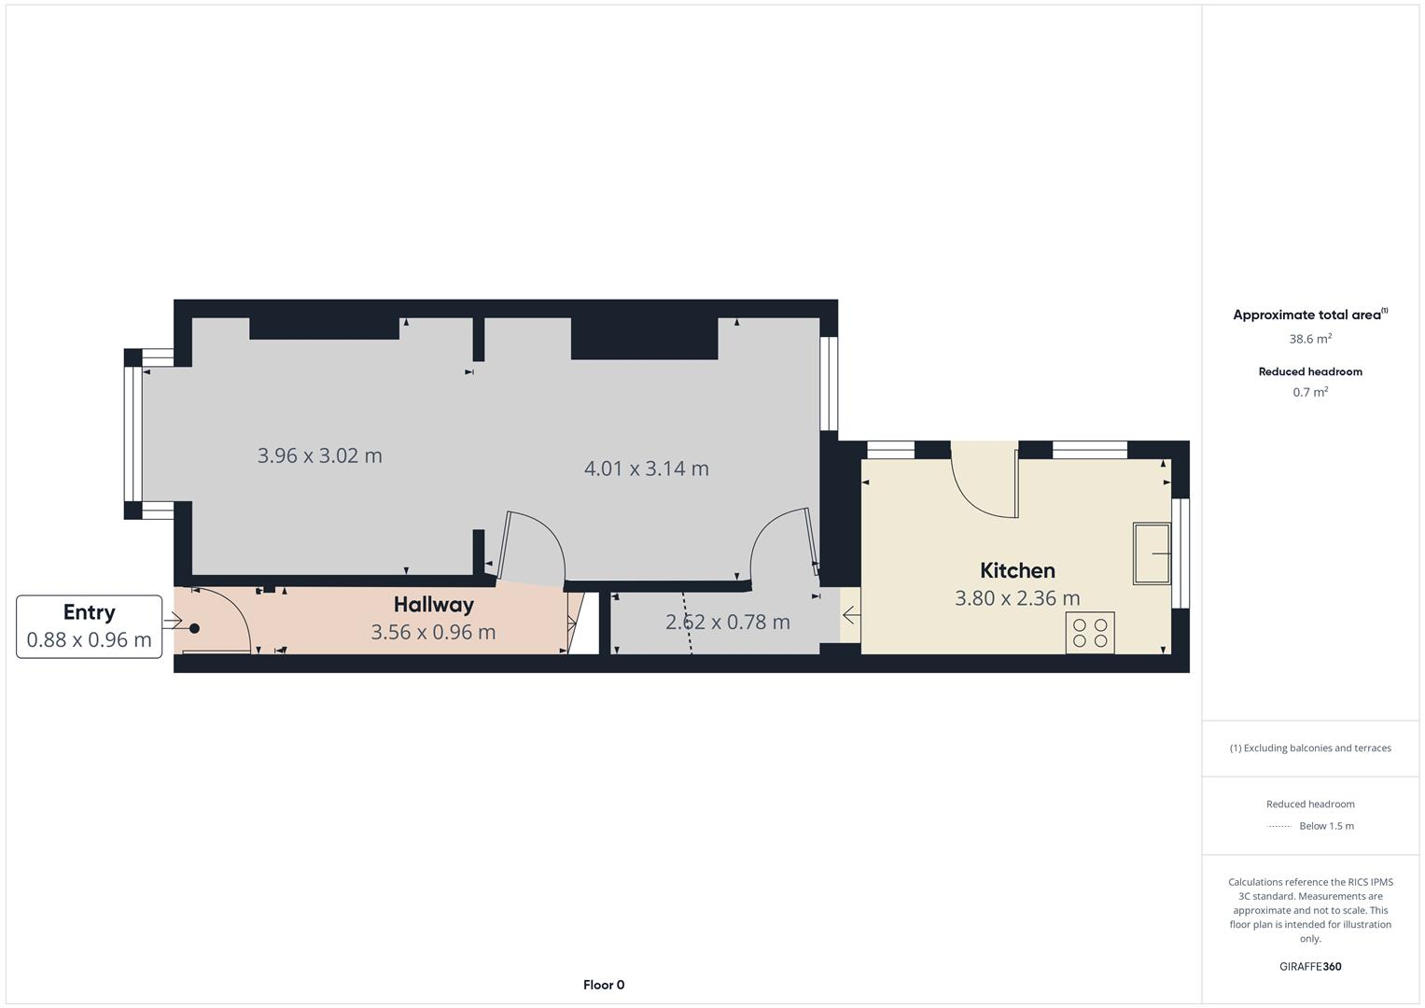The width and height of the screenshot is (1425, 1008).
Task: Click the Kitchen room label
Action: click(x=1017, y=570)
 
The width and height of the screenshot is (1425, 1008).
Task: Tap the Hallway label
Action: click(x=433, y=605)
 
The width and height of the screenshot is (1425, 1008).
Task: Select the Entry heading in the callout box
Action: click(x=89, y=612)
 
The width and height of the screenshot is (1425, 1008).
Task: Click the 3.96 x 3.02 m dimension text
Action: click(x=320, y=455)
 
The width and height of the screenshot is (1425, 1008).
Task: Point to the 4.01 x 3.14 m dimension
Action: click(x=647, y=469)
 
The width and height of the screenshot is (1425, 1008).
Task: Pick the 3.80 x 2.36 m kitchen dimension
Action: click(x=1017, y=598)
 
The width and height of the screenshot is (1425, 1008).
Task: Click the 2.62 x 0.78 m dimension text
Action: click(x=728, y=622)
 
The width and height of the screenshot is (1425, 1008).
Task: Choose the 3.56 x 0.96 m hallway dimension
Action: click(x=433, y=632)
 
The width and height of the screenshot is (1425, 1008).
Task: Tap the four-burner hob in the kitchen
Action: click(x=1090, y=633)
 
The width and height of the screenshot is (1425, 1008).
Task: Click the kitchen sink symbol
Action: click(x=1152, y=553)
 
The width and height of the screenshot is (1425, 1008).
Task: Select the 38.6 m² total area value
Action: click(x=1310, y=339)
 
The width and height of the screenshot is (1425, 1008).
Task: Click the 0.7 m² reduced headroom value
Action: click(x=1310, y=392)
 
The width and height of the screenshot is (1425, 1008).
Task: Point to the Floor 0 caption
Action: click(x=604, y=985)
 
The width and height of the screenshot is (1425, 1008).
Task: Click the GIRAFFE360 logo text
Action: click(x=1310, y=966)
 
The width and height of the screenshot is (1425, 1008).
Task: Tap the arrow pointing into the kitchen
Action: click(x=851, y=615)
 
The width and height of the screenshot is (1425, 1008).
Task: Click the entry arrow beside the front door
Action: click(x=173, y=620)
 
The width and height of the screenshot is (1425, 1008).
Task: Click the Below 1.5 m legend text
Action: click(x=1326, y=826)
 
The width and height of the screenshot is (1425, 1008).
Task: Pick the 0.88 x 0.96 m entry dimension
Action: click(x=89, y=640)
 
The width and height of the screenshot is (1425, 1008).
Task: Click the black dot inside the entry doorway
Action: click(x=195, y=628)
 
